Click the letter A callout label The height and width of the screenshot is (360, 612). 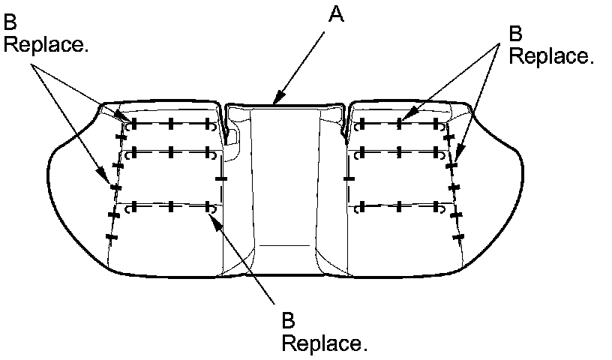pyautogui.click(x=337, y=15)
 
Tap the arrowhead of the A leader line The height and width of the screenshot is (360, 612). pyautogui.click(x=275, y=103)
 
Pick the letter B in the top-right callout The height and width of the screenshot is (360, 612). pyautogui.click(x=515, y=34)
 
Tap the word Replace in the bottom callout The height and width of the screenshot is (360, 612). pyautogui.click(x=324, y=343)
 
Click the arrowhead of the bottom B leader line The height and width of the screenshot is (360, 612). pyautogui.click(x=212, y=216)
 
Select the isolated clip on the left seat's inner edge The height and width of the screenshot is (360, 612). pyautogui.click(x=220, y=178)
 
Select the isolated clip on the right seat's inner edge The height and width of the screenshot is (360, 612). pyautogui.click(x=348, y=178)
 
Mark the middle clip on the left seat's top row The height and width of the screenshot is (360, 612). pyautogui.click(x=171, y=124)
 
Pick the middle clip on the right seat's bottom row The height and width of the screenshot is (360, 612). pyautogui.click(x=400, y=205)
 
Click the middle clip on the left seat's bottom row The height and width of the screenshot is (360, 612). pyautogui.click(x=171, y=205)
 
